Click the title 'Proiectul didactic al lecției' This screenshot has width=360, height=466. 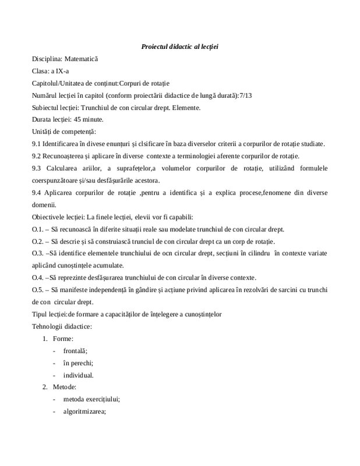179,46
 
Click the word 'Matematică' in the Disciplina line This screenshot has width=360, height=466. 81,59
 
